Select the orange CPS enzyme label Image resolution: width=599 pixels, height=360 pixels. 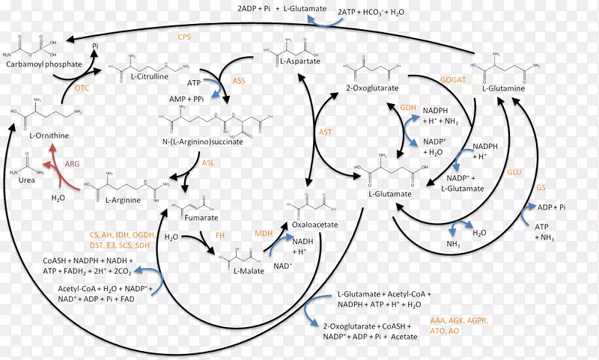pos(184,37)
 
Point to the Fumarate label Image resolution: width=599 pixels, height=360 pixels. pos(201,218)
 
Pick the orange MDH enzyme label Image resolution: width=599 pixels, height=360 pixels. pos(264,234)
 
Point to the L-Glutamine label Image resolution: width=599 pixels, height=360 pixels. pos(503,88)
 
